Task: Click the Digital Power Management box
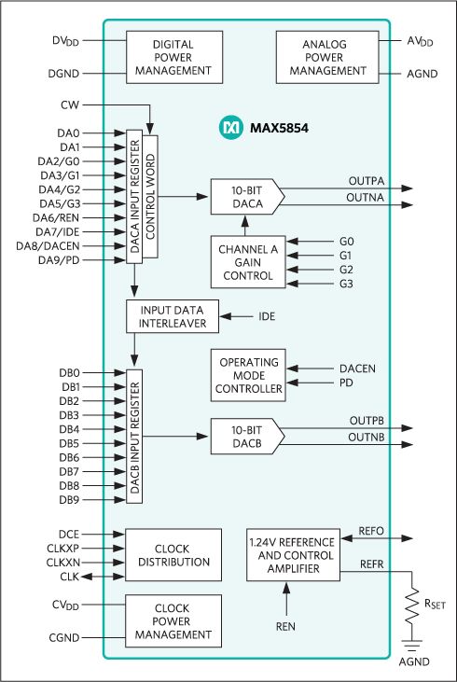point(173,58)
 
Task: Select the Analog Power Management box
point(324,58)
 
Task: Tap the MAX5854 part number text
point(278,127)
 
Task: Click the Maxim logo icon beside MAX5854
point(229,127)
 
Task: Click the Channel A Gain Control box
point(246,261)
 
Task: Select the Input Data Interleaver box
point(173,317)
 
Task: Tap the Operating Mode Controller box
point(249,375)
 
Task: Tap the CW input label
point(69,105)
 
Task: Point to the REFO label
point(371,532)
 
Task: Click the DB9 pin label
point(69,500)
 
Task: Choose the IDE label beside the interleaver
point(267,317)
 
